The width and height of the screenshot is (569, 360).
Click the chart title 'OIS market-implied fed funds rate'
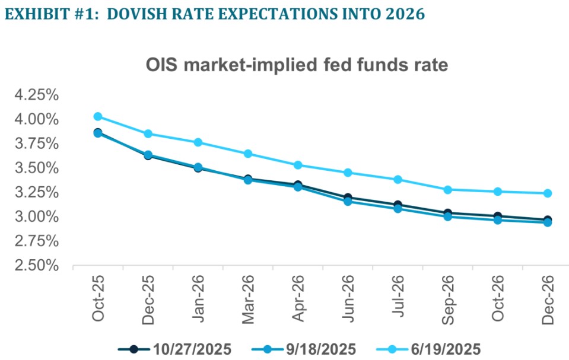[x=297, y=66]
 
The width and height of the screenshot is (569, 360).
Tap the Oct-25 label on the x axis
[x=98, y=298]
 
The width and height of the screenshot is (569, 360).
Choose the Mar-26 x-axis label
[x=249, y=298]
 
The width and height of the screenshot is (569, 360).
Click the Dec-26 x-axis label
[x=548, y=298]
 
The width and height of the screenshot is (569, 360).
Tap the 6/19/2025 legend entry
[x=437, y=348]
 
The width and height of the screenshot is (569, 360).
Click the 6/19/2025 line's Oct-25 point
[x=98, y=116]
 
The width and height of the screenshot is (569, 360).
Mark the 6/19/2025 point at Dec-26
[x=548, y=193]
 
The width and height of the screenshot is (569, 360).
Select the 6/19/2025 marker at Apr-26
[x=298, y=165]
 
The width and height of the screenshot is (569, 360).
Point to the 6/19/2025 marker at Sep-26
[x=448, y=190]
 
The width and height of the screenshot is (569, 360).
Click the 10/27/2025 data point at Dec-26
[x=548, y=220]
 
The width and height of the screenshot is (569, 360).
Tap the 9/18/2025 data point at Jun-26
[x=348, y=201]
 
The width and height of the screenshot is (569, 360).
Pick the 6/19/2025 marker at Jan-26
[x=198, y=142]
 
